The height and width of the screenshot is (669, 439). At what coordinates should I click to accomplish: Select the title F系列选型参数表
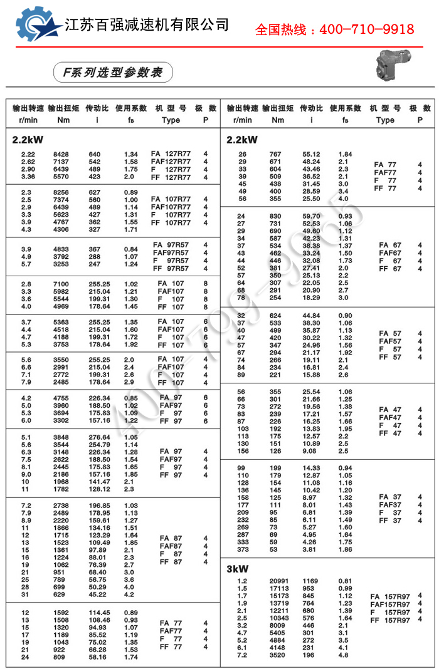(108, 73)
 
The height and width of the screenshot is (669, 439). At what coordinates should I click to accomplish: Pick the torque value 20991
(278, 581)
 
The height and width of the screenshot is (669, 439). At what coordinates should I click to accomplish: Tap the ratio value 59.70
(311, 216)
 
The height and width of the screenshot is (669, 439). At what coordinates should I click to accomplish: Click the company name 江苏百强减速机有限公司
(147, 25)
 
